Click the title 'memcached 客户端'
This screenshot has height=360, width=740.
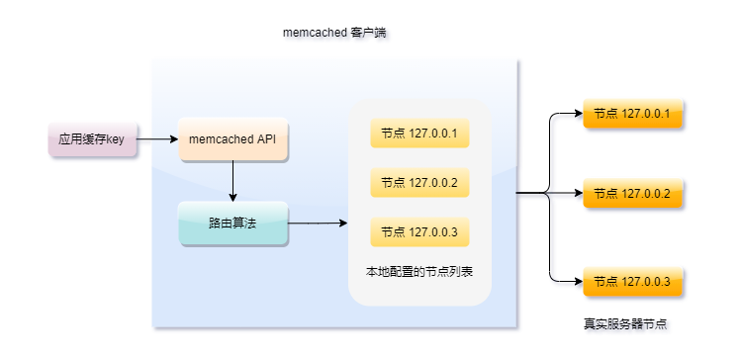coord(334,34)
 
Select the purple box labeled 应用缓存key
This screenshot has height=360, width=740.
coord(91,139)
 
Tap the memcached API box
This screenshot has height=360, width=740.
coord(232,139)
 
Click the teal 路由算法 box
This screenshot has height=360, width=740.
coord(232,224)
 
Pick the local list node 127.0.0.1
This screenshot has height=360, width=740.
coord(419,134)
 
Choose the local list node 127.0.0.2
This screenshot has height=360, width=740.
coord(419,183)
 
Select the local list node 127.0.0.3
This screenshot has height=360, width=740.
coord(419,232)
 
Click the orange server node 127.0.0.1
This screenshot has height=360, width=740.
coord(633,114)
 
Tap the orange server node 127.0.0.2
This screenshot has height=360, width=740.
coord(633,193)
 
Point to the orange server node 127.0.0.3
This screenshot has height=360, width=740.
coord(633,282)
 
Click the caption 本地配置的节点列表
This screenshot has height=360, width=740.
coord(419,270)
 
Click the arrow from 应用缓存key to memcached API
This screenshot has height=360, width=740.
coord(155,139)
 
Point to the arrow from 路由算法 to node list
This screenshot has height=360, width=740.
coord(317,224)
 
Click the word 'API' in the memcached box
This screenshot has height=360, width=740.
coord(265,139)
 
